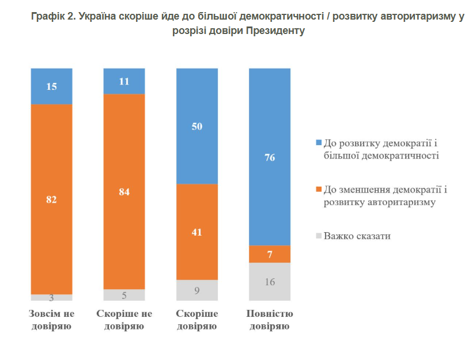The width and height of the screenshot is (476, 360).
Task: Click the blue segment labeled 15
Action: [x=51, y=86]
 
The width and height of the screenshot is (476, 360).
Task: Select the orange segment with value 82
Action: [x=51, y=199]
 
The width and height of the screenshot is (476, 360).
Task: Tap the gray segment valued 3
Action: [x=51, y=298]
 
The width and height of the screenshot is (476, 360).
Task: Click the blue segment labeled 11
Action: [x=124, y=81]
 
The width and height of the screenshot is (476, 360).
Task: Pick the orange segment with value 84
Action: [x=124, y=191]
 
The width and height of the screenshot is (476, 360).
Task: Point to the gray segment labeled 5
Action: [x=124, y=295]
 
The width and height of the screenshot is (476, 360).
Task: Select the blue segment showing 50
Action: [x=197, y=126]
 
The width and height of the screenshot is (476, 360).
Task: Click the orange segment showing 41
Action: [x=197, y=232]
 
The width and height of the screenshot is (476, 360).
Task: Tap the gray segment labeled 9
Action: [x=197, y=290]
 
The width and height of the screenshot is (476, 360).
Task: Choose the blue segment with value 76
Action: [x=269, y=157]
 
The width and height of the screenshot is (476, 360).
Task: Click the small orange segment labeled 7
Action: [x=269, y=254]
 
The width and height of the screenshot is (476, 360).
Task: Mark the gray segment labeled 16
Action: [x=269, y=282]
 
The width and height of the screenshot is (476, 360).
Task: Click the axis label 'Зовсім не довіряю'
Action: [x=51, y=320]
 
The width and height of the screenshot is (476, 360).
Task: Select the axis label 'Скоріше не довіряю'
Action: [x=124, y=320]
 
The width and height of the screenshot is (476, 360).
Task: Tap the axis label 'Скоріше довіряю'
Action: [x=197, y=320]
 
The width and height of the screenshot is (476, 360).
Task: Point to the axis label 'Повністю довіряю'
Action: [x=269, y=320]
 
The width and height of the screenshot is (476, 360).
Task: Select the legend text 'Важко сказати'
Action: [x=357, y=236]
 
